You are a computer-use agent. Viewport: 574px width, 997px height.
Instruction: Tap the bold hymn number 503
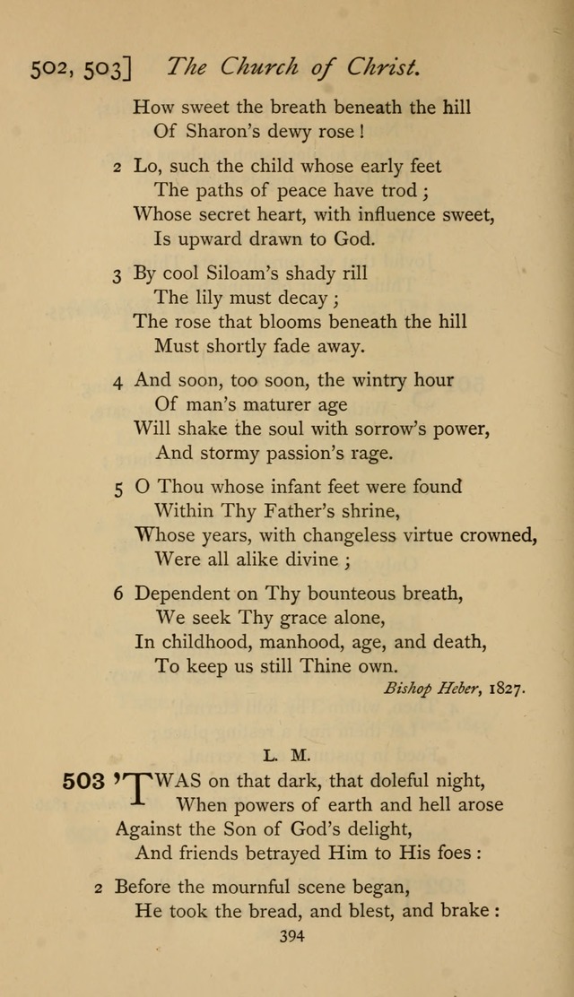(x=84, y=781)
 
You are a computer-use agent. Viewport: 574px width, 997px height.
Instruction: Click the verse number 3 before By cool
(x=117, y=275)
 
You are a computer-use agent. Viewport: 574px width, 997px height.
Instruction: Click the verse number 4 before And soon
(x=117, y=381)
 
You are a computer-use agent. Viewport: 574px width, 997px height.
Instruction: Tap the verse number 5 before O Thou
(x=117, y=489)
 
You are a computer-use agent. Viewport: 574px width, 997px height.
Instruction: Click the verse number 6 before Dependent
(x=117, y=594)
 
